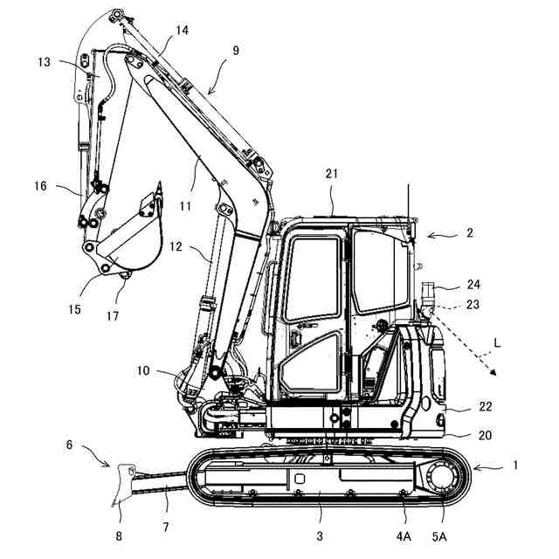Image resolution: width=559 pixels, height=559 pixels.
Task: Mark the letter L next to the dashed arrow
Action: tap(498, 346)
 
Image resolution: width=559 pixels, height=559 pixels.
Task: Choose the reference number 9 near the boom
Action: tap(235, 51)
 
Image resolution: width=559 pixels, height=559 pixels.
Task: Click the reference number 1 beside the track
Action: tap(514, 466)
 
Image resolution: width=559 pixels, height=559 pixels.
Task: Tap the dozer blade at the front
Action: tap(121, 484)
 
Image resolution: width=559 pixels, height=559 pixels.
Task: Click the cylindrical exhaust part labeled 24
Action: tap(427, 291)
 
